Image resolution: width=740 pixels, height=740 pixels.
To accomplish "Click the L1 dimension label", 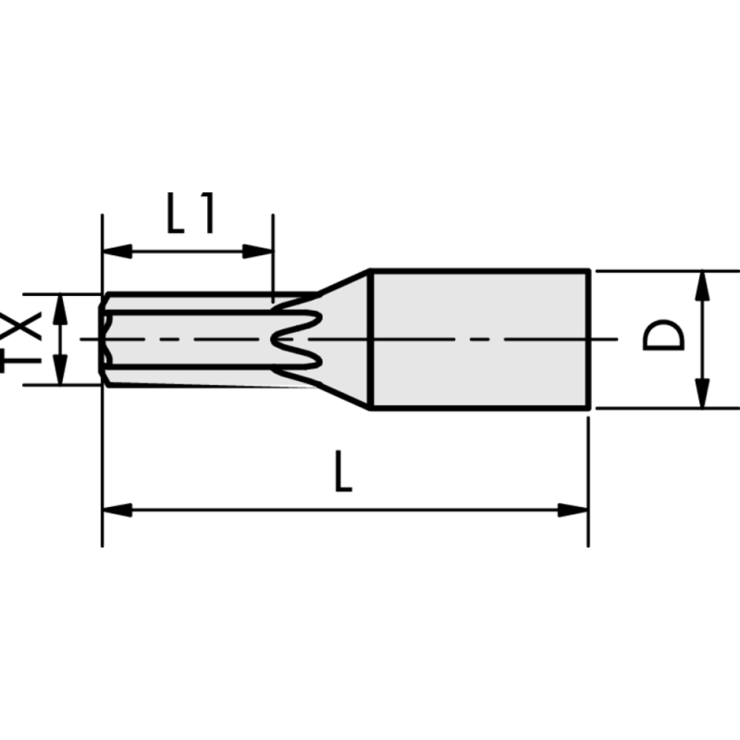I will pos(191,213).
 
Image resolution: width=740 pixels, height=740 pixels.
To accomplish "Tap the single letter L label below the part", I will pos(343,472).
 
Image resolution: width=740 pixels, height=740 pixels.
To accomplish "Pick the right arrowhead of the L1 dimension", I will pos(263,251).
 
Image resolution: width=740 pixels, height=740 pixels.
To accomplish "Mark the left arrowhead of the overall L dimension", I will pos(114,509).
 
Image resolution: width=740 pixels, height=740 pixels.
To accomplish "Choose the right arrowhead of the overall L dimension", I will pos(577,509).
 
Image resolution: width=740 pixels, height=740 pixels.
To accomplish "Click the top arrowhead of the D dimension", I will pos(703,282).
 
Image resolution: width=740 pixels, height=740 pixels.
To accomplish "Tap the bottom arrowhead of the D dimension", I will pos(703,396).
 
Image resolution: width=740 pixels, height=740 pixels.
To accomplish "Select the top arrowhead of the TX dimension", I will pos(60,304).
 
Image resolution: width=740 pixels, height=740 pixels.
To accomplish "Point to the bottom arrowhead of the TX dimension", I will pos(60,374).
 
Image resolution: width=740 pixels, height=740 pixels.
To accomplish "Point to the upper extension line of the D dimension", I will pos(666,271).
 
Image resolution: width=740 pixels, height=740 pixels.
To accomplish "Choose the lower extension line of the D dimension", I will pos(666,408).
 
